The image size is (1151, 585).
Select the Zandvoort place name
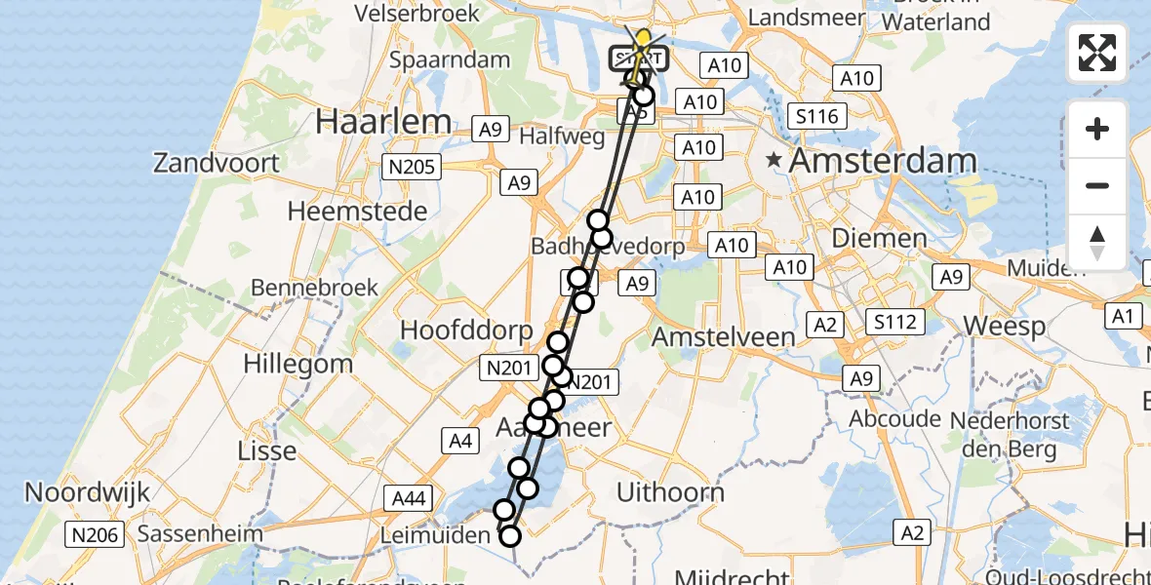(217, 163)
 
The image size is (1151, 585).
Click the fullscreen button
(1097, 53)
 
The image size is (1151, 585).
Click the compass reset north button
(1097, 243)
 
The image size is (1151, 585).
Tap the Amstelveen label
(723, 337)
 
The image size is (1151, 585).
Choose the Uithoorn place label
(670, 491)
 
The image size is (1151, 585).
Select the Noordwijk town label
(88, 492)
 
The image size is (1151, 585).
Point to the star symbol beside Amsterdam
(774, 160)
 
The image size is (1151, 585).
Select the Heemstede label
(358, 212)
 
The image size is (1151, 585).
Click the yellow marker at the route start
(643, 39)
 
